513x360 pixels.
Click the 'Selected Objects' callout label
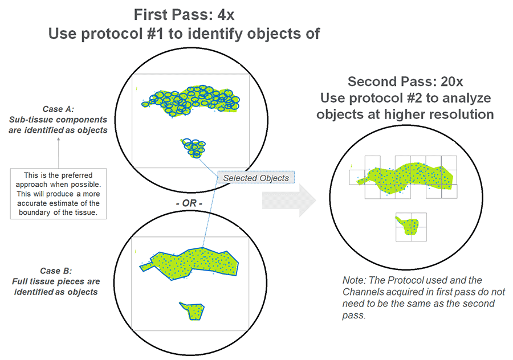(256, 178)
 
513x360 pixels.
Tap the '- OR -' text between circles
(189, 203)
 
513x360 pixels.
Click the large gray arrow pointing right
(289, 200)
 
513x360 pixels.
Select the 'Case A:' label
(59, 109)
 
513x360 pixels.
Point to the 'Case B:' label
(56, 271)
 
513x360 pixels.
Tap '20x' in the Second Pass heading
(452, 82)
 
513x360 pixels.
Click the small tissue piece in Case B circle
(192, 311)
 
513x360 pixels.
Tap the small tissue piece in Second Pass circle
(408, 226)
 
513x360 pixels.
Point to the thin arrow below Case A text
(59, 153)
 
